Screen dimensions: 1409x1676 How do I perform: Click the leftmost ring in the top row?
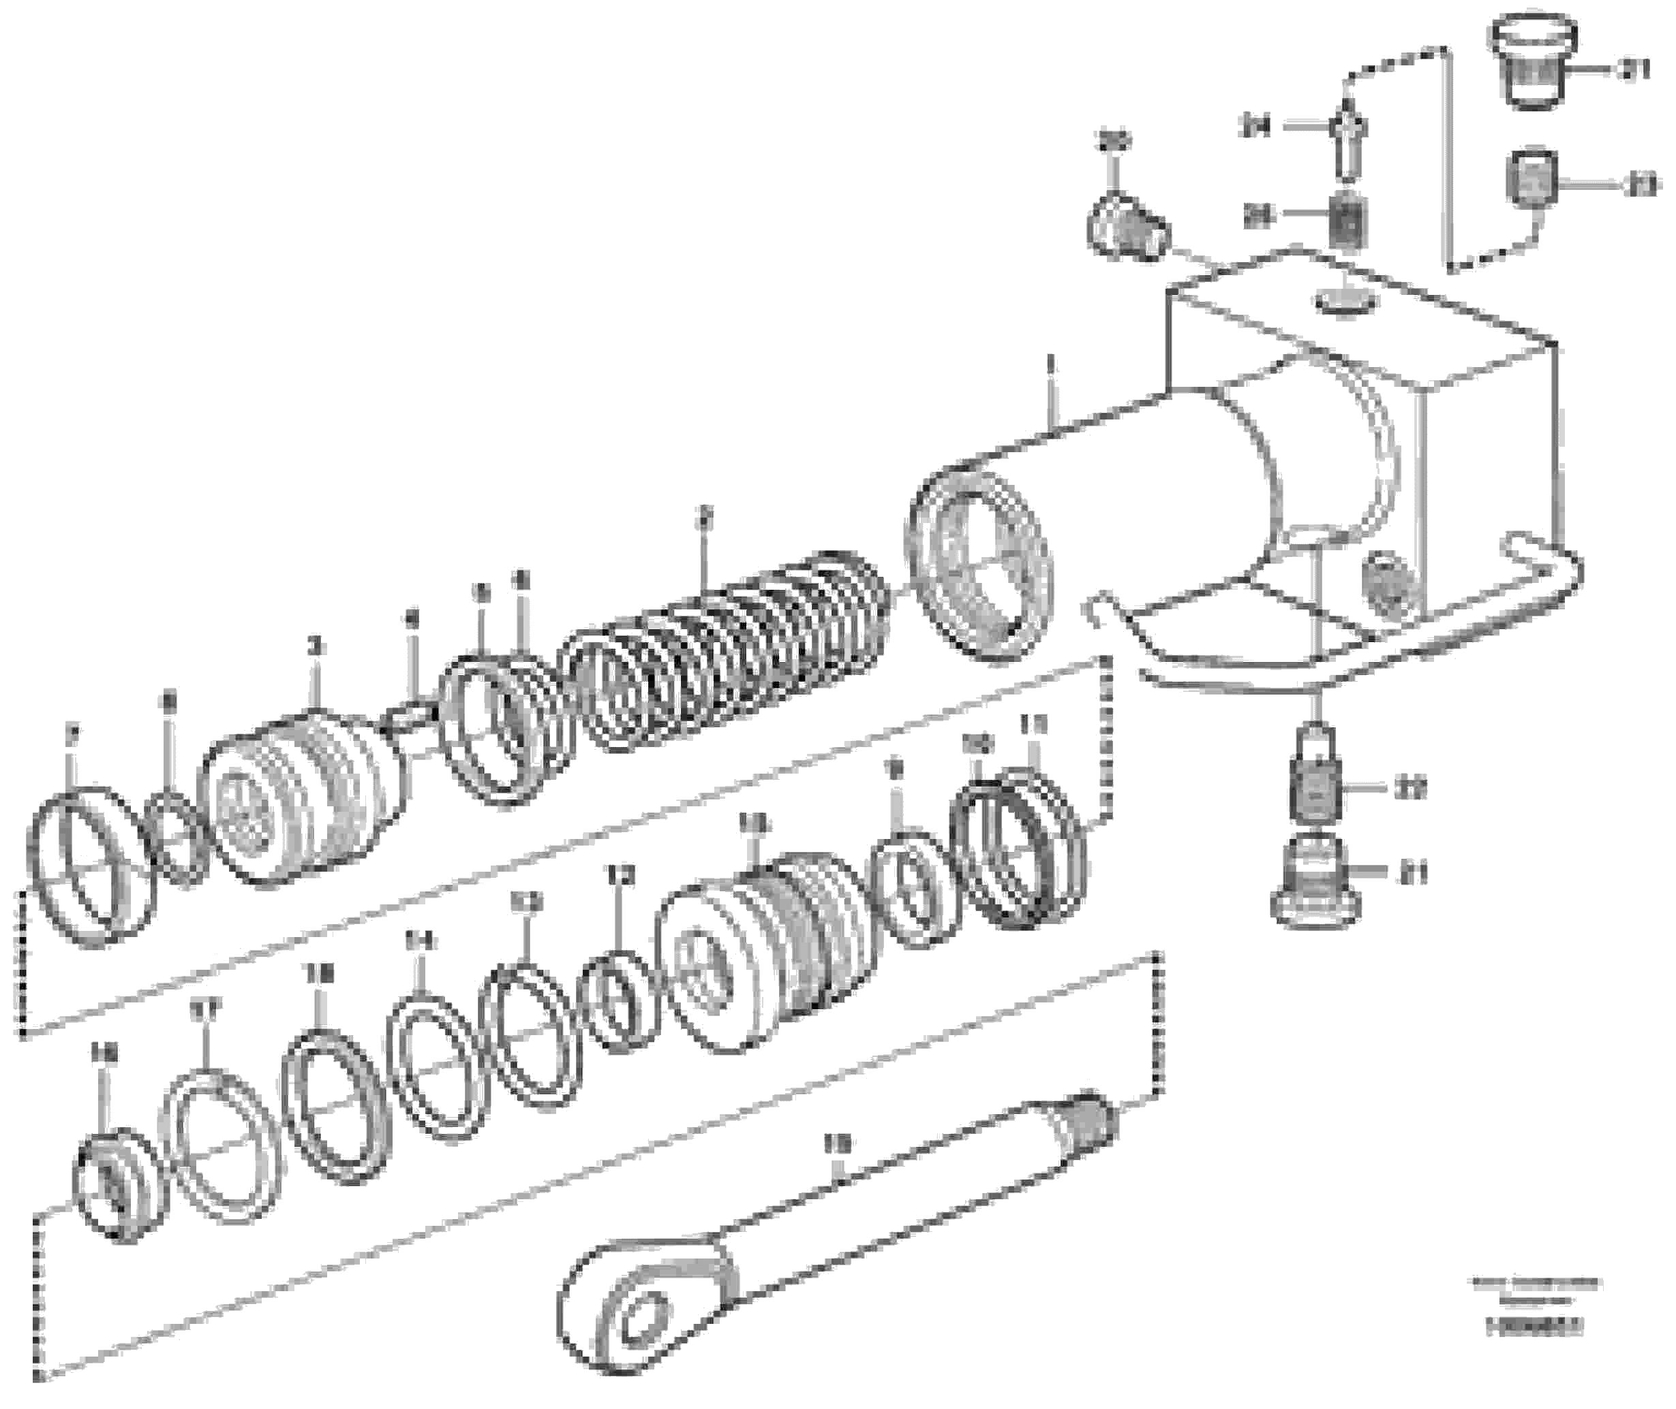[x=84, y=867]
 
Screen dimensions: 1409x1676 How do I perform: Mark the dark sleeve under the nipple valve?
[x=1347, y=220]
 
